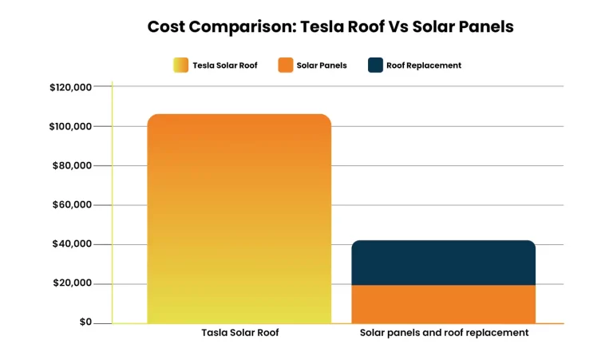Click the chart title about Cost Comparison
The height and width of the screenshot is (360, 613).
point(330,26)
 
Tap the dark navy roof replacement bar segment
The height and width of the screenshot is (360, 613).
point(443,262)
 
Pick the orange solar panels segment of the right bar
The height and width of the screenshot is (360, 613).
point(443,304)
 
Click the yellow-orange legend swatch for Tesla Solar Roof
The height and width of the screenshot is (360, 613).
point(181,65)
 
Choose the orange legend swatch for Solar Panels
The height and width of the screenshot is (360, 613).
point(286,65)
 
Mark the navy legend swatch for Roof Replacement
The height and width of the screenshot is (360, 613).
point(375,65)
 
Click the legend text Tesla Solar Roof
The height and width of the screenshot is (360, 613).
point(225,65)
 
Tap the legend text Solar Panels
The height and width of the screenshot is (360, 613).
point(322,65)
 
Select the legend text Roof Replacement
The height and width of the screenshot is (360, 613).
point(424,65)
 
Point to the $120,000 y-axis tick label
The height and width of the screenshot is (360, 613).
point(70,87)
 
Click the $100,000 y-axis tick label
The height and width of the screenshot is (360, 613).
point(70,126)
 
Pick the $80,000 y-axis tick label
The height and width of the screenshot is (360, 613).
point(73,166)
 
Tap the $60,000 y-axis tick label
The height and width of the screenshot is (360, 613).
point(73,205)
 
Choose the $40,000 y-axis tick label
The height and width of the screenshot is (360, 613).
point(73,244)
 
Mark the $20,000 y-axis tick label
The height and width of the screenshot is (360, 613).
point(73,283)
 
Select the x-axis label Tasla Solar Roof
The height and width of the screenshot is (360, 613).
point(239,333)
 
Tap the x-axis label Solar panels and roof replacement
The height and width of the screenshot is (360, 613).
point(444,333)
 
